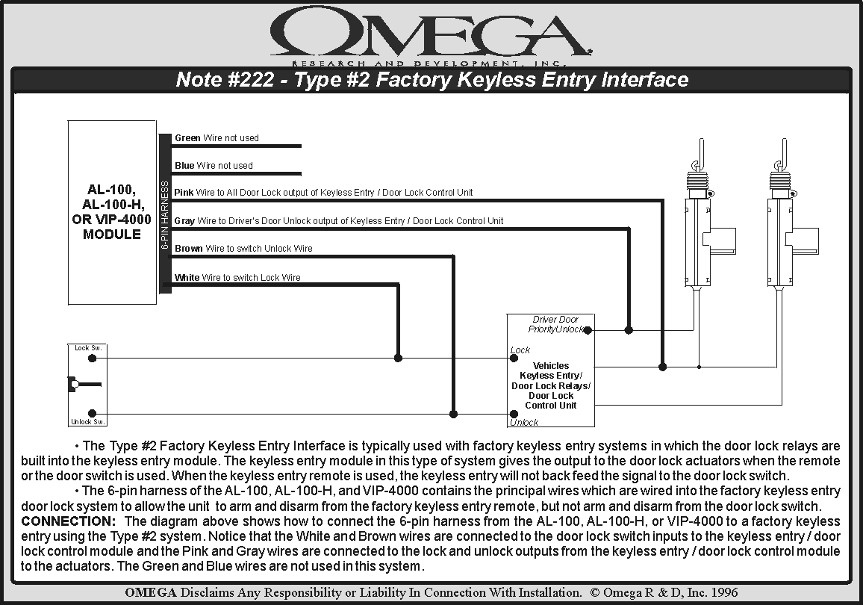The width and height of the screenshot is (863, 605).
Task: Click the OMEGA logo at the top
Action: tap(431, 34)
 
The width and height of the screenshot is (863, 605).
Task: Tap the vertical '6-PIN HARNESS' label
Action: tap(165, 214)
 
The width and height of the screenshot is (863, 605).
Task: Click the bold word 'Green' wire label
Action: tap(187, 138)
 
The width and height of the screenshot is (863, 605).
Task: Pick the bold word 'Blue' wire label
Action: tap(184, 166)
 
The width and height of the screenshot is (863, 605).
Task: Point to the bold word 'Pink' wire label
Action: tap(184, 193)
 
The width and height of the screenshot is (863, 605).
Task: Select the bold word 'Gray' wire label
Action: tap(184, 221)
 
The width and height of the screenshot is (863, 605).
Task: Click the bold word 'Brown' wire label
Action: tap(189, 249)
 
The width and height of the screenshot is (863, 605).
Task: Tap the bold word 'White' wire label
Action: tap(187, 278)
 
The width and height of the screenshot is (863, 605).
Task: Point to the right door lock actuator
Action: tap(784, 224)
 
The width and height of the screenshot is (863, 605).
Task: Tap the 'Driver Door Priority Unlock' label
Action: tap(555, 324)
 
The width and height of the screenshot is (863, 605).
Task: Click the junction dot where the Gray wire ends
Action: tap(629, 329)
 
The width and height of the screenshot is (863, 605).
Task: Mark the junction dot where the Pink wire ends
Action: tap(662, 367)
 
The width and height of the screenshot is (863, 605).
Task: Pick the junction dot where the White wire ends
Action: tap(398, 358)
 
